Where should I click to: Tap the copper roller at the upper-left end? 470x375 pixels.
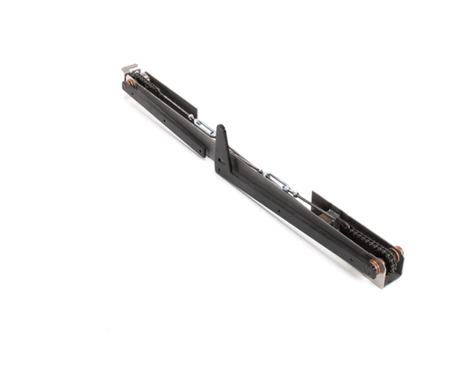click(131, 82)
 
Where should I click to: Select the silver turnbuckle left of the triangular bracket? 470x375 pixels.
click(202, 127)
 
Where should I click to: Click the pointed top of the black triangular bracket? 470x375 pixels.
click(221, 129)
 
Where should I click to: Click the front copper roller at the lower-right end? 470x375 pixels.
click(377, 266)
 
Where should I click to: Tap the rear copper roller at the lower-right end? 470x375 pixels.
click(396, 253)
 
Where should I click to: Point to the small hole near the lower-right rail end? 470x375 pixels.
click(353, 254)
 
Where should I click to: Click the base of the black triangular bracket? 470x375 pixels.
click(222, 167)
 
